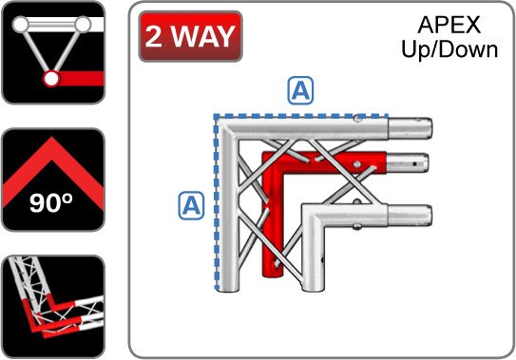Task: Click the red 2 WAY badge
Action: pos(191,36)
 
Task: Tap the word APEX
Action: pos(449,25)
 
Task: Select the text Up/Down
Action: pos(449,49)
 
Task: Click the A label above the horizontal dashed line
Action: pos(300,90)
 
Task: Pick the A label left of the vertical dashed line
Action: pos(191,206)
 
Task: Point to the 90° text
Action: pos(51,202)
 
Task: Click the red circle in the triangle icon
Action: pos(51,79)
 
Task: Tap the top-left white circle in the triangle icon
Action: pos(21,25)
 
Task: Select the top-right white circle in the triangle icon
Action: pos(83,25)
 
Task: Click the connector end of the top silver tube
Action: pos(411,128)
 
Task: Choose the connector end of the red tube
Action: pos(407,162)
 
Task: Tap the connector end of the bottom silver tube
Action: pos(410,216)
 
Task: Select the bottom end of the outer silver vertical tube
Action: pos(229,286)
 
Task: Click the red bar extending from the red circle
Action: pos(82,79)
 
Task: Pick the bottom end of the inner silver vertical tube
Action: pos(313,286)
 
